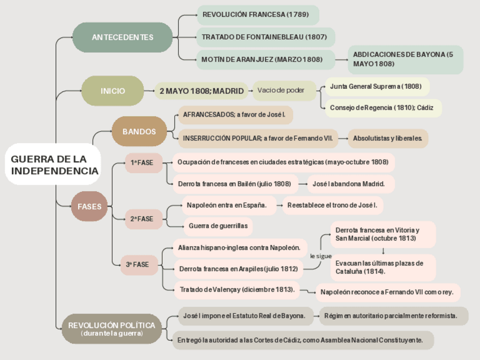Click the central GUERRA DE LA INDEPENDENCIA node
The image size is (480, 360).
click(x=54, y=165)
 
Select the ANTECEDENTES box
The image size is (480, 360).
click(x=122, y=37)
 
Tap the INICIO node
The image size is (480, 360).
click(x=113, y=91)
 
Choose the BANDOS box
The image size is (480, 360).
click(x=139, y=131)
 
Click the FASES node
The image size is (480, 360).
click(x=89, y=207)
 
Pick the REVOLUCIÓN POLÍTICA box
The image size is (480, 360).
click(x=112, y=329)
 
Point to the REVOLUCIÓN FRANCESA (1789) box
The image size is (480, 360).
click(x=258, y=15)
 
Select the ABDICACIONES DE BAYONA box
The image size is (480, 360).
click(x=405, y=59)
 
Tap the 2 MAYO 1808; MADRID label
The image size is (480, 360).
click(x=202, y=91)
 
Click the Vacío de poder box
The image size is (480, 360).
click(x=281, y=91)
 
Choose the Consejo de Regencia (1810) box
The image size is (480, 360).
click(x=382, y=108)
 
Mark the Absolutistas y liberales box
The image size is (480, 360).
click(x=388, y=138)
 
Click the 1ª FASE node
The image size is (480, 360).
click(x=143, y=163)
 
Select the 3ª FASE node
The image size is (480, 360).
click(x=138, y=264)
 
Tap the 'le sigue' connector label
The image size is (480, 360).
click(x=321, y=256)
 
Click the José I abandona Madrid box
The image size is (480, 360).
click(x=351, y=184)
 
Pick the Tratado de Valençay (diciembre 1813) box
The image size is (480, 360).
click(x=237, y=290)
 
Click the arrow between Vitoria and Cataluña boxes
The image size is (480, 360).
click(x=383, y=251)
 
